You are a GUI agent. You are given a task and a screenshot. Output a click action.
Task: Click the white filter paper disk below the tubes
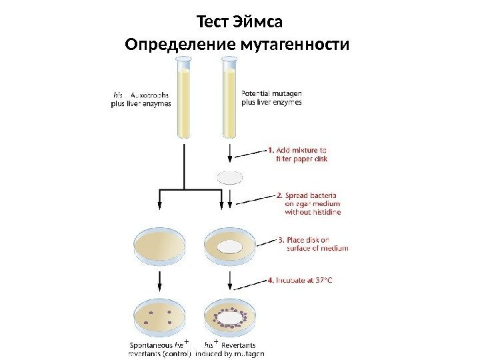click(x=230, y=177)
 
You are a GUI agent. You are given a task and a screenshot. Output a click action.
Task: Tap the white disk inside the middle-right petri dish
click(x=230, y=245)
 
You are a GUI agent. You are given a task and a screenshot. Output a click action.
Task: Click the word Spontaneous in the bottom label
click(x=149, y=345)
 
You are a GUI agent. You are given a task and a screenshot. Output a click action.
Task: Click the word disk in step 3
click(x=317, y=240)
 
